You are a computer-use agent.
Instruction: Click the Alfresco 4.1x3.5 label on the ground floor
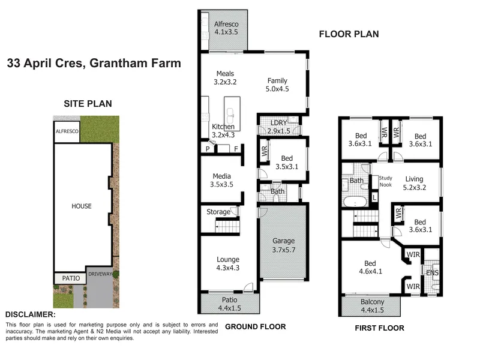click(226, 28)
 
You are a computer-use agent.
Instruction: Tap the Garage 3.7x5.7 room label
click(284, 245)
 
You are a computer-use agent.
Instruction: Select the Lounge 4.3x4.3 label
click(228, 263)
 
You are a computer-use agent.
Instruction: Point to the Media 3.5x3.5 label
click(221, 180)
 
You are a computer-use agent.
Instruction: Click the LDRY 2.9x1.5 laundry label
click(278, 127)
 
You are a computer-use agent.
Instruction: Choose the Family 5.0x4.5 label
click(277, 85)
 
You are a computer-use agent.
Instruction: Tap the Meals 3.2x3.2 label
click(225, 78)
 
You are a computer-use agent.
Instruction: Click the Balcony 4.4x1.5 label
click(372, 306)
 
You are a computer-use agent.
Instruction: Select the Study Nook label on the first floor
click(386, 181)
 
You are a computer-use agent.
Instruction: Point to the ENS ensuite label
click(432, 272)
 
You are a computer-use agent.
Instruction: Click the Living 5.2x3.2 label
click(414, 183)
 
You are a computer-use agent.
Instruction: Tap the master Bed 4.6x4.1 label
click(370, 267)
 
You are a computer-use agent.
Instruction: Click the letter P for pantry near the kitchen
click(208, 149)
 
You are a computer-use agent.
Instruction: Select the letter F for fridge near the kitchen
click(236, 149)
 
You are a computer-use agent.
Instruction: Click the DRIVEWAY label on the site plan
click(100, 274)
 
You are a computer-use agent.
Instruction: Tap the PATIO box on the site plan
click(71, 278)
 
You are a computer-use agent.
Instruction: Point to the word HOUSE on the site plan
click(82, 206)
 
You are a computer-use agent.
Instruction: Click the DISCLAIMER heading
click(31, 314)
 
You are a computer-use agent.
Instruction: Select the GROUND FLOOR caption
click(256, 326)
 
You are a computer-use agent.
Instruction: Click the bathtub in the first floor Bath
click(355, 202)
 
